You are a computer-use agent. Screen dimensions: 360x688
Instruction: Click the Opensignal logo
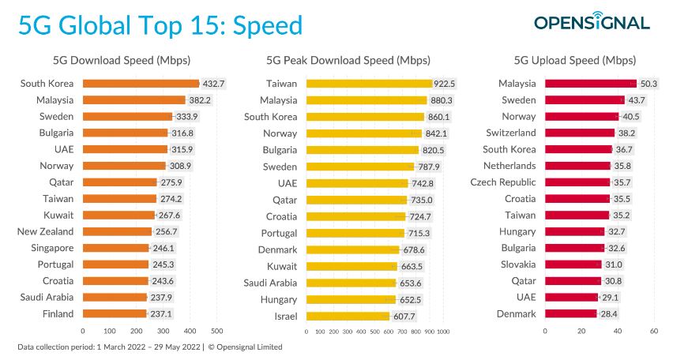coord(591,22)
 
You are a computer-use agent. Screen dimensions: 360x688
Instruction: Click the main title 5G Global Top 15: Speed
coord(160,25)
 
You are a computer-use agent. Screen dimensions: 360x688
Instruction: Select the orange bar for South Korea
coord(141,83)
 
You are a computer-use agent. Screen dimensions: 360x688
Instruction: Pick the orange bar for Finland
coord(115,313)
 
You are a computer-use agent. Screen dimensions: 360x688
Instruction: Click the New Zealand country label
coord(45,231)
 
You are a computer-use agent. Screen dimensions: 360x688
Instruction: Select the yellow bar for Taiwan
coord(368,83)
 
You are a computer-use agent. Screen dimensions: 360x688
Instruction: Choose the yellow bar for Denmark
coord(352,249)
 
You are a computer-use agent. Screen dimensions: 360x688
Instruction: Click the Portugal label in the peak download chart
coord(280,233)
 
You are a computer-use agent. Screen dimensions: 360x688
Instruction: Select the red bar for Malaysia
coord(590,83)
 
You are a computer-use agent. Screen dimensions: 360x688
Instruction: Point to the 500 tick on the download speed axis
coord(217,332)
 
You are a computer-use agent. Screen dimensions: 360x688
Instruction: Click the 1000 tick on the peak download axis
coord(443,332)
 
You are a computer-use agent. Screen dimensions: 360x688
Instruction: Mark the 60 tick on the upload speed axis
coord(654,332)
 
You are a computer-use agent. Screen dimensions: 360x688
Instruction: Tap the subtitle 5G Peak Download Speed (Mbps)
coord(348,60)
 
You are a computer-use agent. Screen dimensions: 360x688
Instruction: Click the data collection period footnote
coord(149,347)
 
